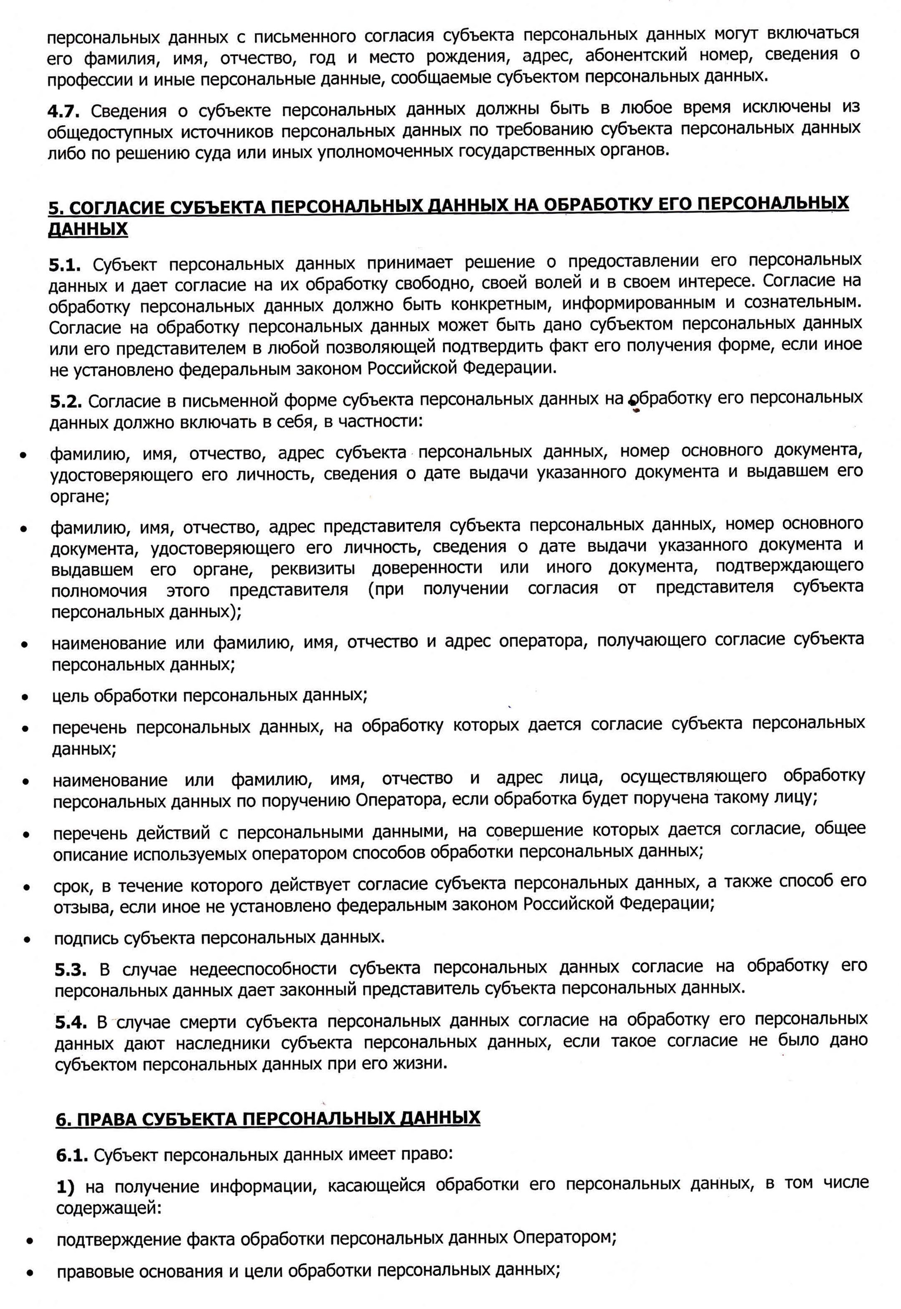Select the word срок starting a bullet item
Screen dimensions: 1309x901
[x=72, y=886]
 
